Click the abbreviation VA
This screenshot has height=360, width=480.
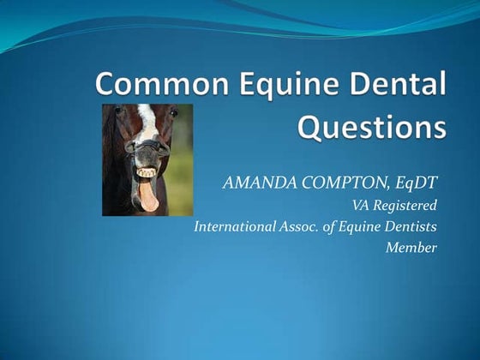pyautogui.click(x=361, y=205)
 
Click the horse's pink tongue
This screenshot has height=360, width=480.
pyautogui.click(x=148, y=196)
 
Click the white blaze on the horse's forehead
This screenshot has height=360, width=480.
pyautogui.click(x=147, y=120)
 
